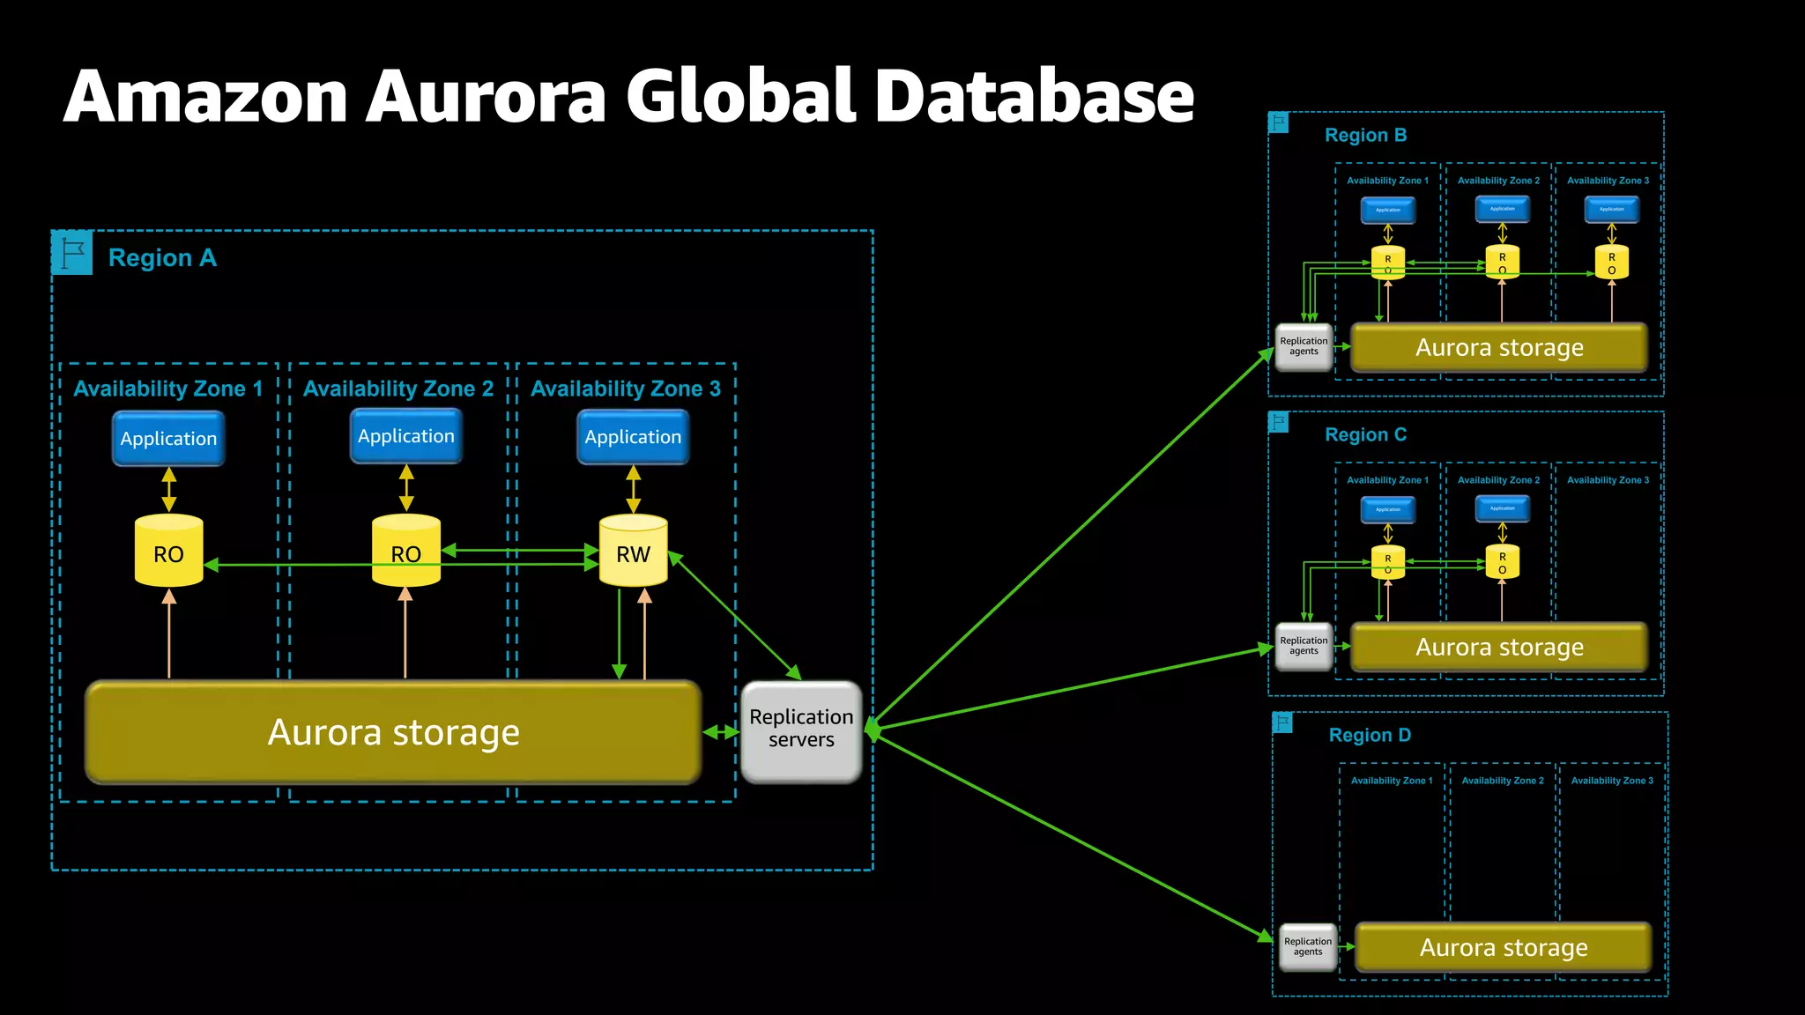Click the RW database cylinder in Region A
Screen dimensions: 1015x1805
[633, 552]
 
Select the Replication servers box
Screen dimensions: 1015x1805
[801, 730]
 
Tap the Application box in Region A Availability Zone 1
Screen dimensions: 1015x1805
[168, 439]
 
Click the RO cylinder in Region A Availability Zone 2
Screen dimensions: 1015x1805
[405, 552]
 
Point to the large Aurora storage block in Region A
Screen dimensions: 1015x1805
[393, 732]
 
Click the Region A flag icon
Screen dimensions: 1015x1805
[72, 253]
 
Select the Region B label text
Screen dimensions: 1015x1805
[1365, 136]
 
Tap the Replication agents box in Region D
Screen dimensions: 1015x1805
[1308, 946]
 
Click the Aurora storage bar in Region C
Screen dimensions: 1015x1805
[1498, 648]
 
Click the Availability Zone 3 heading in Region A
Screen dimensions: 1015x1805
[626, 389]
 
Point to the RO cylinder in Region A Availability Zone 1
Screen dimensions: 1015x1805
[168, 552]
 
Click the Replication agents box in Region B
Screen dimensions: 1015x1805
[1304, 346]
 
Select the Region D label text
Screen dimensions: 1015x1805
[1370, 735]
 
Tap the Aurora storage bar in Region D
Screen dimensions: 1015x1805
[1503, 947]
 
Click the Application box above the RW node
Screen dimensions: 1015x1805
[633, 437]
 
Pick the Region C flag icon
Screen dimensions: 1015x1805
[1279, 422]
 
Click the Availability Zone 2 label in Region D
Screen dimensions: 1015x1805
[1502, 781]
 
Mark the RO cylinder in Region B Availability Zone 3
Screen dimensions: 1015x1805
[1611, 263]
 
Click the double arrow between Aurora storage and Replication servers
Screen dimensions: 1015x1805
[721, 732]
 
